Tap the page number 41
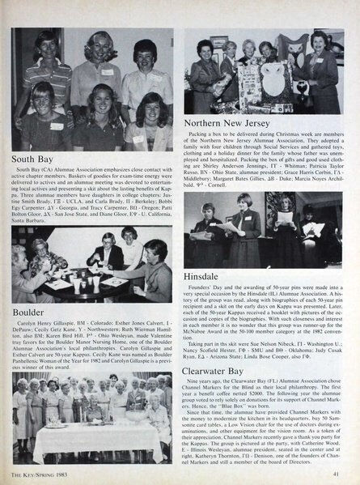pos(344,474)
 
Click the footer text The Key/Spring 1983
pos(39,474)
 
